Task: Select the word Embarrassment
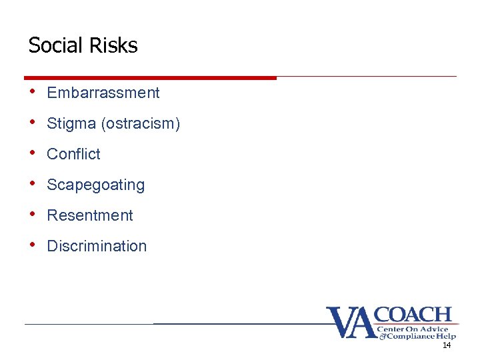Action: click(x=103, y=93)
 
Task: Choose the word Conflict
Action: click(x=73, y=154)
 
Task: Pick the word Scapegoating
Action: click(x=95, y=185)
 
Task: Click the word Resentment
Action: click(x=90, y=215)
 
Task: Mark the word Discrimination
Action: click(x=97, y=246)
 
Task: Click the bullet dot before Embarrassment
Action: click(x=32, y=92)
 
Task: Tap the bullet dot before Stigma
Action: click(x=32, y=123)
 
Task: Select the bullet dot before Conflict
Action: click(x=32, y=153)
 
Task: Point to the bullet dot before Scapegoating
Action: click(x=32, y=184)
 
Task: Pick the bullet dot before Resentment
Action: click(x=32, y=215)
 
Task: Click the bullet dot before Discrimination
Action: click(x=32, y=245)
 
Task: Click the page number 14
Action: click(x=446, y=345)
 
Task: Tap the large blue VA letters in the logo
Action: click(x=350, y=323)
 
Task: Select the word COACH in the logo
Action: click(x=415, y=315)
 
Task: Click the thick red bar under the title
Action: click(x=150, y=78)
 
